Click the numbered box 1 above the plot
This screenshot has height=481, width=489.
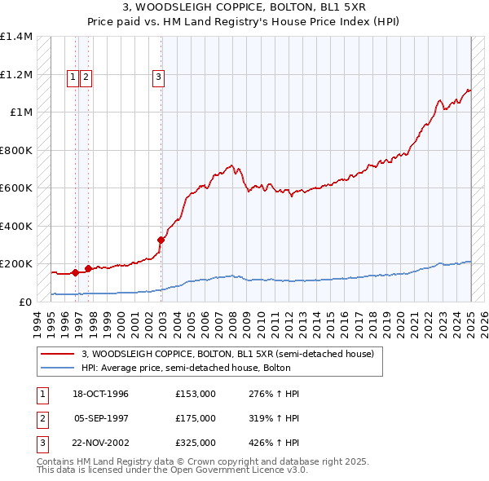pos(73,77)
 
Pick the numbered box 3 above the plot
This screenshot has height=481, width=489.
pos(158,77)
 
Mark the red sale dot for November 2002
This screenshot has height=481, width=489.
pos(161,240)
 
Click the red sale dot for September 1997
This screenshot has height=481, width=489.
pos(88,268)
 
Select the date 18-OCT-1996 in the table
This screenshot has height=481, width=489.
pos(101,394)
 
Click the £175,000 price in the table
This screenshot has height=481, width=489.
pos(196,418)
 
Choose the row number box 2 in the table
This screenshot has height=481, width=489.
pos(42,418)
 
